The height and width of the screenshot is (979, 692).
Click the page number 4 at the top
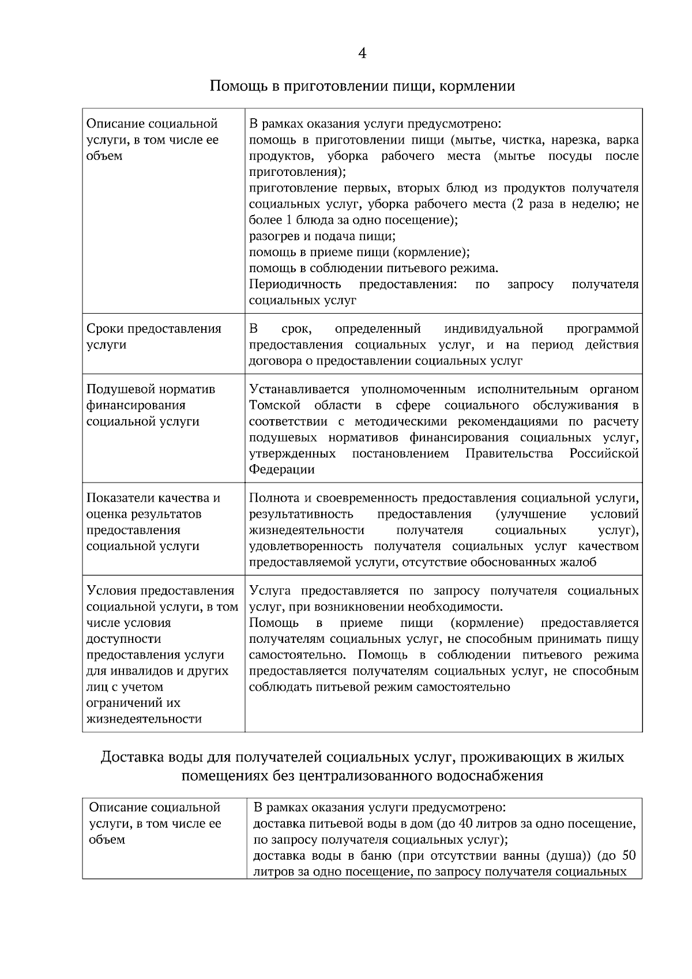point(362,54)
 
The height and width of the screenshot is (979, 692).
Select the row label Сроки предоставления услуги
point(153,337)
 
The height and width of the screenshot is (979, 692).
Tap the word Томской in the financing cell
point(275,405)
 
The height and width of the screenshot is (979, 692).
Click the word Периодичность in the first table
point(295,284)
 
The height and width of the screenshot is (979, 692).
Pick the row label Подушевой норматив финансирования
point(151,397)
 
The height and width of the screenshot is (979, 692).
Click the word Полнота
point(274,498)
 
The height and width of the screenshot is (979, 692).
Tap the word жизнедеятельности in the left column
point(144,719)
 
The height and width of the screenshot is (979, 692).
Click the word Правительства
point(509,454)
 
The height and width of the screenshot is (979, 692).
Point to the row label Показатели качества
point(153,498)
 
